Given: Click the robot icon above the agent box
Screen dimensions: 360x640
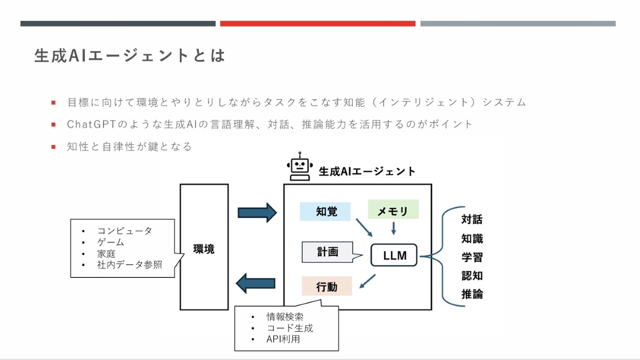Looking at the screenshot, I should pyautogui.click(x=299, y=169).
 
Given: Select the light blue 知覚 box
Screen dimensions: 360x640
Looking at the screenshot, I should pyautogui.click(x=325, y=212).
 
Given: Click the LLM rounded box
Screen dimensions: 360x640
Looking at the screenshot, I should pyautogui.click(x=395, y=255).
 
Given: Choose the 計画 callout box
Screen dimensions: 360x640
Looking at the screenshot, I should pyautogui.click(x=327, y=252).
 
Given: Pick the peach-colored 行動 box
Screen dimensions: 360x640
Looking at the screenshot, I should pyautogui.click(x=326, y=286).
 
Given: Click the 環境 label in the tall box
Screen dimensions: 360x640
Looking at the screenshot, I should pyautogui.click(x=204, y=249).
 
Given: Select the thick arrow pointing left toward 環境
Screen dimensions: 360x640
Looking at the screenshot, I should pyautogui.click(x=256, y=283).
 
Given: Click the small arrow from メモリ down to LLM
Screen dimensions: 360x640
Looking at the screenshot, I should pyautogui.click(x=394, y=228).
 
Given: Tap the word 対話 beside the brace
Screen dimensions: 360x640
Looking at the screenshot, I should pyautogui.click(x=472, y=220).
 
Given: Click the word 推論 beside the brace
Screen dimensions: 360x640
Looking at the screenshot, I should pyautogui.click(x=472, y=294).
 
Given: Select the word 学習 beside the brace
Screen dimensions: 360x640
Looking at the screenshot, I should pyautogui.click(x=472, y=257).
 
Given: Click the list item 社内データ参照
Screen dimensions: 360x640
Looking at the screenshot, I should pyautogui.click(x=130, y=265).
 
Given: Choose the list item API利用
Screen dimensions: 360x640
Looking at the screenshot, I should pyautogui.click(x=283, y=339).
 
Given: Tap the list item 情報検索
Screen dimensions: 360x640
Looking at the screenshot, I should pyautogui.click(x=285, y=317).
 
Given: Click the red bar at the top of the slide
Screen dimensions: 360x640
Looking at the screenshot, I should pyautogui.click(x=317, y=23).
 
